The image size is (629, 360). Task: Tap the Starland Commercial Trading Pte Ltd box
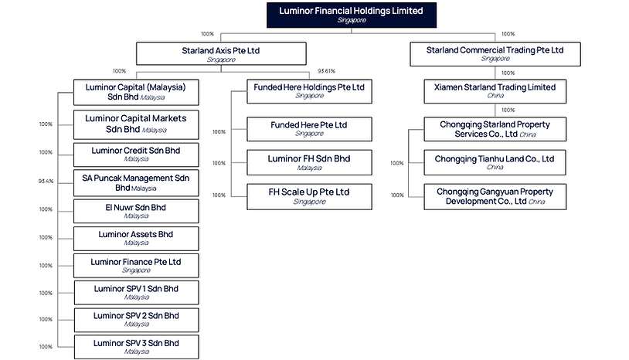pyautogui.click(x=495, y=53)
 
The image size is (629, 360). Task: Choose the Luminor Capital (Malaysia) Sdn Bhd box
pyautogui.click(x=136, y=91)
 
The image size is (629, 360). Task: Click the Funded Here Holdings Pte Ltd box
pyautogui.click(x=308, y=91)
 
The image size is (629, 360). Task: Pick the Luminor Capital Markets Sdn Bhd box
pyautogui.click(x=136, y=124)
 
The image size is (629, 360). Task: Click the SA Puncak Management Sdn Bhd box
pyautogui.click(x=136, y=182)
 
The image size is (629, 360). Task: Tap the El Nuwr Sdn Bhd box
pyautogui.click(x=136, y=211)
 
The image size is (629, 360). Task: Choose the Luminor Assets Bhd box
pyautogui.click(x=136, y=237)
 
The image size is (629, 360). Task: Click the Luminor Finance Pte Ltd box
pyautogui.click(x=136, y=265)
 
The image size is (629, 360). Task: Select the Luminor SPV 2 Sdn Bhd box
pyautogui.click(x=136, y=319)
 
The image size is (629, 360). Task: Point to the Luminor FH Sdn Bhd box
pyautogui.click(x=308, y=162)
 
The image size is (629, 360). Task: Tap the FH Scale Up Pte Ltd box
pyautogui.click(x=308, y=195)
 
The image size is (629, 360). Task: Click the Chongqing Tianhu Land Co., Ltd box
pyautogui.click(x=495, y=162)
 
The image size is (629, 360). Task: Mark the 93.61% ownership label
pyautogui.click(x=326, y=71)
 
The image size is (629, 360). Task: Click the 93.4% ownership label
pyautogui.click(x=46, y=181)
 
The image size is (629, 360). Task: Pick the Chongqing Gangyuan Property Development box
pyautogui.click(x=495, y=195)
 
